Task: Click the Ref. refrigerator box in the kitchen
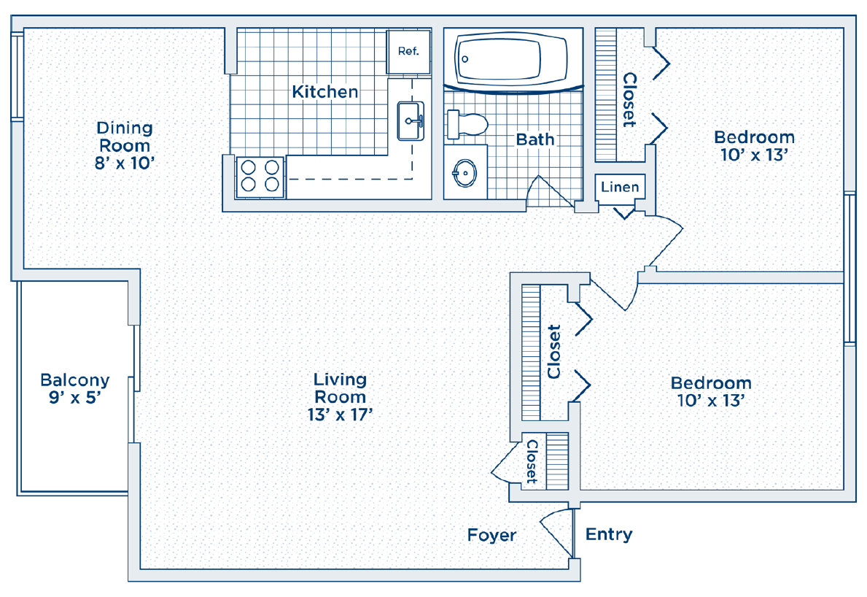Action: tap(408, 52)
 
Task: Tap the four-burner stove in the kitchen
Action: tap(260, 177)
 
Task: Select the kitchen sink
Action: tap(411, 120)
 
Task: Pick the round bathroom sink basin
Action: tap(465, 173)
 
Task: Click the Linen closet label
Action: tap(620, 187)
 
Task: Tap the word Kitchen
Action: tap(325, 91)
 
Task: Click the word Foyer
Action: tap(491, 535)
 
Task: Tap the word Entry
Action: tap(609, 534)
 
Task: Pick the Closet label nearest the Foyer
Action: tap(532, 461)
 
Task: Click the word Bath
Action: tap(535, 139)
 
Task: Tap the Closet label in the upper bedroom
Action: tap(629, 99)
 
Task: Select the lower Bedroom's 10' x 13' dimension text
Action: tap(711, 400)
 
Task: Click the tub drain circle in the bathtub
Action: tap(465, 59)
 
